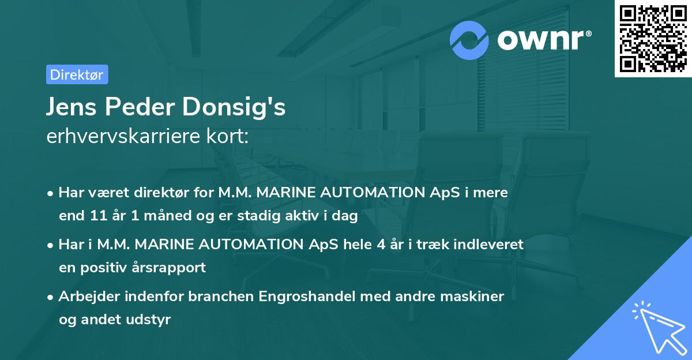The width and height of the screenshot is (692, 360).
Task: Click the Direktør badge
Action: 77,74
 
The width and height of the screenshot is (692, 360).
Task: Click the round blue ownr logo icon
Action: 469,40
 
